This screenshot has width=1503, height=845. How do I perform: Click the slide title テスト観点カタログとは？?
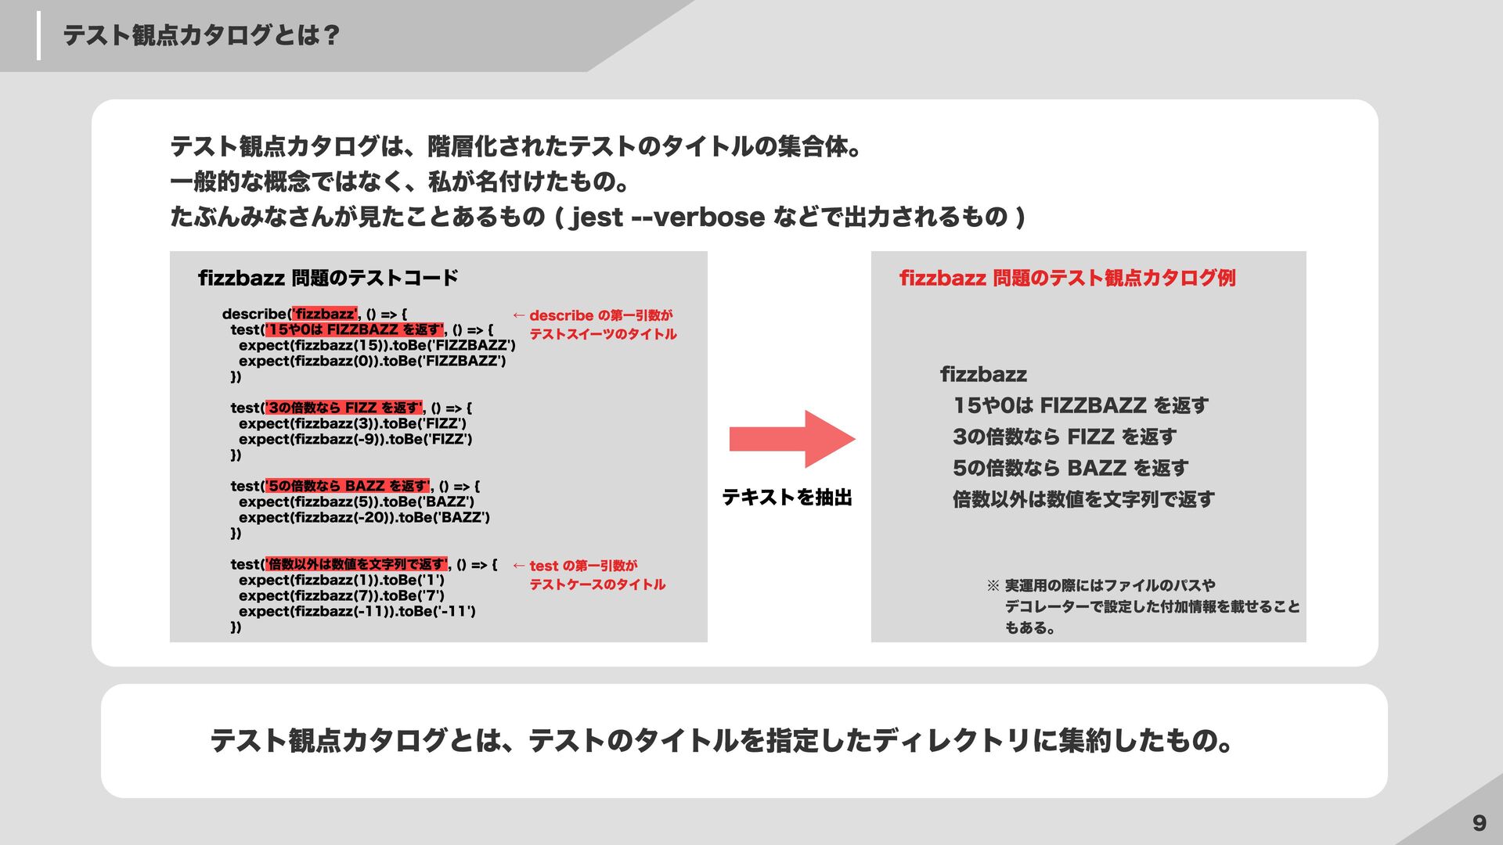(x=201, y=35)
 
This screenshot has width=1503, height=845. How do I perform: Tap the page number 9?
(x=1479, y=822)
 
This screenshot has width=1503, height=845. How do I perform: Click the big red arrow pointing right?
(x=791, y=439)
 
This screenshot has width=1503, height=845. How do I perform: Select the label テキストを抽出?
(x=787, y=498)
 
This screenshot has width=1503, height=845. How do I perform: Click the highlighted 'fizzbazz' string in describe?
(x=325, y=314)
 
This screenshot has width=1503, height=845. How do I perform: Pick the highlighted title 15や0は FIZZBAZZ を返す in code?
(x=355, y=329)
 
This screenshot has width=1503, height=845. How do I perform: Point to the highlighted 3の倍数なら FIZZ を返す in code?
(x=344, y=408)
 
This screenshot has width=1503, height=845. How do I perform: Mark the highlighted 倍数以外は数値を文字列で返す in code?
(x=357, y=564)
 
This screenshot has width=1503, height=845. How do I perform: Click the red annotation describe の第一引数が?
(x=600, y=315)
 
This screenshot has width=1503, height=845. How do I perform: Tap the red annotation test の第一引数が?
(x=583, y=566)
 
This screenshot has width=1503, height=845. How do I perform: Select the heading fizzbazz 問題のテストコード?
(x=328, y=278)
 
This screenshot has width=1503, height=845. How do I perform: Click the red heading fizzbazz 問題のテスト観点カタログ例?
(x=1067, y=278)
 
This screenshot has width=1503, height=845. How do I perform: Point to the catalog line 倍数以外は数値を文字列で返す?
(x=1083, y=499)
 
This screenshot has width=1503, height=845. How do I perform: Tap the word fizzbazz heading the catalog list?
(x=983, y=374)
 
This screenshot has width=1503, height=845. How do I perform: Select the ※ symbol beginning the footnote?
(x=993, y=585)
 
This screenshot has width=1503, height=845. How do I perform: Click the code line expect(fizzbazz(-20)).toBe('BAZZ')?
(x=364, y=517)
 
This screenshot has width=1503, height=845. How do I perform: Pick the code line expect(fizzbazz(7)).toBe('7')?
(x=341, y=595)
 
